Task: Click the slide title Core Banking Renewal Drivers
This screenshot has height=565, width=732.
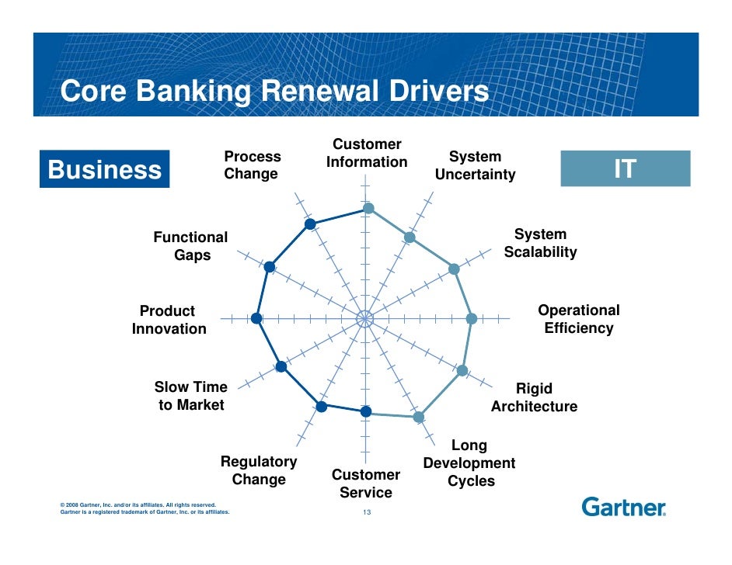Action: [x=274, y=92]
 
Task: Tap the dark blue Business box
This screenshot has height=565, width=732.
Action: [x=105, y=169]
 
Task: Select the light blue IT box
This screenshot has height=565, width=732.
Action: [x=625, y=168]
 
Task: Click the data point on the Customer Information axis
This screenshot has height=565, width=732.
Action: [x=369, y=208]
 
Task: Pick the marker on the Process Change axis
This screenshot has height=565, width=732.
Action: [x=310, y=224]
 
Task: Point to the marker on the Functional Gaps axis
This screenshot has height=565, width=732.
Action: [x=269, y=267]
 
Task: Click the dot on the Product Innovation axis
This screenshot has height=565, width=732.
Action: [x=256, y=318]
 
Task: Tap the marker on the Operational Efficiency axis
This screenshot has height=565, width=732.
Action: [x=471, y=318]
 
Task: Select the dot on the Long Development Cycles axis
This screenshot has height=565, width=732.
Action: [x=418, y=417]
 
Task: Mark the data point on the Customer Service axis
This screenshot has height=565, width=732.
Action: [x=366, y=411]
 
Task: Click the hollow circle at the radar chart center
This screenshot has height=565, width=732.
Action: [x=364, y=318]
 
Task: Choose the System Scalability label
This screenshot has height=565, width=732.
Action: [x=540, y=243]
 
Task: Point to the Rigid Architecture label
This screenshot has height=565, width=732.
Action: [x=534, y=397]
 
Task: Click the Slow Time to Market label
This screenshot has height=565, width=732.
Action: [x=191, y=396]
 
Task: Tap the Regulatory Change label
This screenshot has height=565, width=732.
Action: [x=259, y=470]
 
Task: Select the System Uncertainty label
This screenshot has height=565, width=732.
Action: [x=475, y=165]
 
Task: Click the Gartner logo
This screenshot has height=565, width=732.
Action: [x=623, y=508]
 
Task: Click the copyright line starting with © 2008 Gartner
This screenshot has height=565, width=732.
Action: [x=132, y=504]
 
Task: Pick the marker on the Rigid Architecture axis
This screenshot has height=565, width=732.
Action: [x=462, y=371]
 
